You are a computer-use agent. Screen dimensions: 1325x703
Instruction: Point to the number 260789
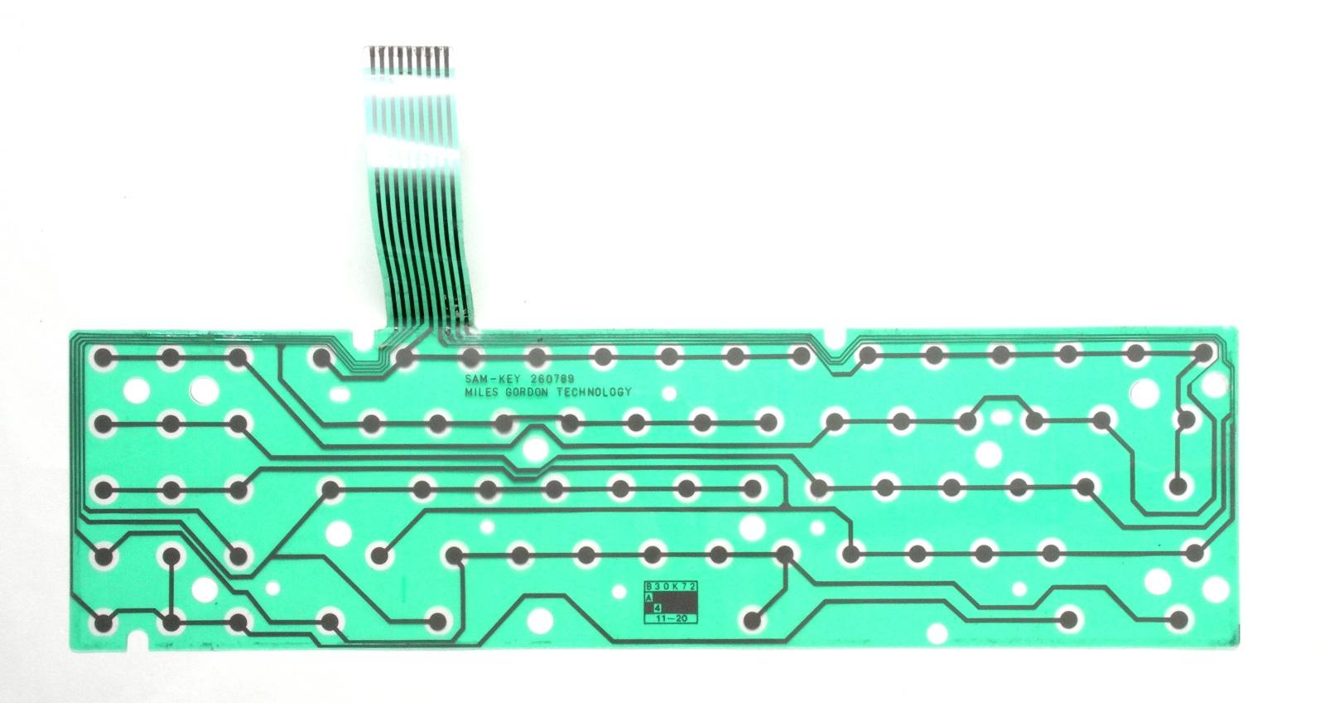[552, 379]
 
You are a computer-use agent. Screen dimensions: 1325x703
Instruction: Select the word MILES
[482, 392]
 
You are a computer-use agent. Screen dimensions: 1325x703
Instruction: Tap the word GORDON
[528, 392]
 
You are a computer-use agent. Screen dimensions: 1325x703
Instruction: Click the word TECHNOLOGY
[594, 392]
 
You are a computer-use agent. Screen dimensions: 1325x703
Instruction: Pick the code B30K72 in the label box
[672, 586]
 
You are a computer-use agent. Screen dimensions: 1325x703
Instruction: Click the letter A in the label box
[649, 597]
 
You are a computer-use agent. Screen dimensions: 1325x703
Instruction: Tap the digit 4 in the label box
[657, 608]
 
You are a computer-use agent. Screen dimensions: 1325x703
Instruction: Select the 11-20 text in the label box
[671, 618]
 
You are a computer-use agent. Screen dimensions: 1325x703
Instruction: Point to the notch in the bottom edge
[137, 638]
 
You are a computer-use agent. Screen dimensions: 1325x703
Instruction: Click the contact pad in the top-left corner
[103, 356]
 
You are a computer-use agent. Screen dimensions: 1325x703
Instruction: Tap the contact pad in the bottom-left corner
[103, 623]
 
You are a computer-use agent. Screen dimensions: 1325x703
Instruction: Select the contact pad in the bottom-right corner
[1178, 619]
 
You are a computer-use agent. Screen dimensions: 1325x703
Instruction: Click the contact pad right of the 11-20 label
[752, 620]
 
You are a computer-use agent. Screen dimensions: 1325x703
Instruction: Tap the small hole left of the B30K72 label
[619, 592]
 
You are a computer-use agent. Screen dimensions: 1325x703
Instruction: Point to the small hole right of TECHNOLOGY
[669, 393]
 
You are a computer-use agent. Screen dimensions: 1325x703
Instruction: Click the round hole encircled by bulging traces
[535, 449]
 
